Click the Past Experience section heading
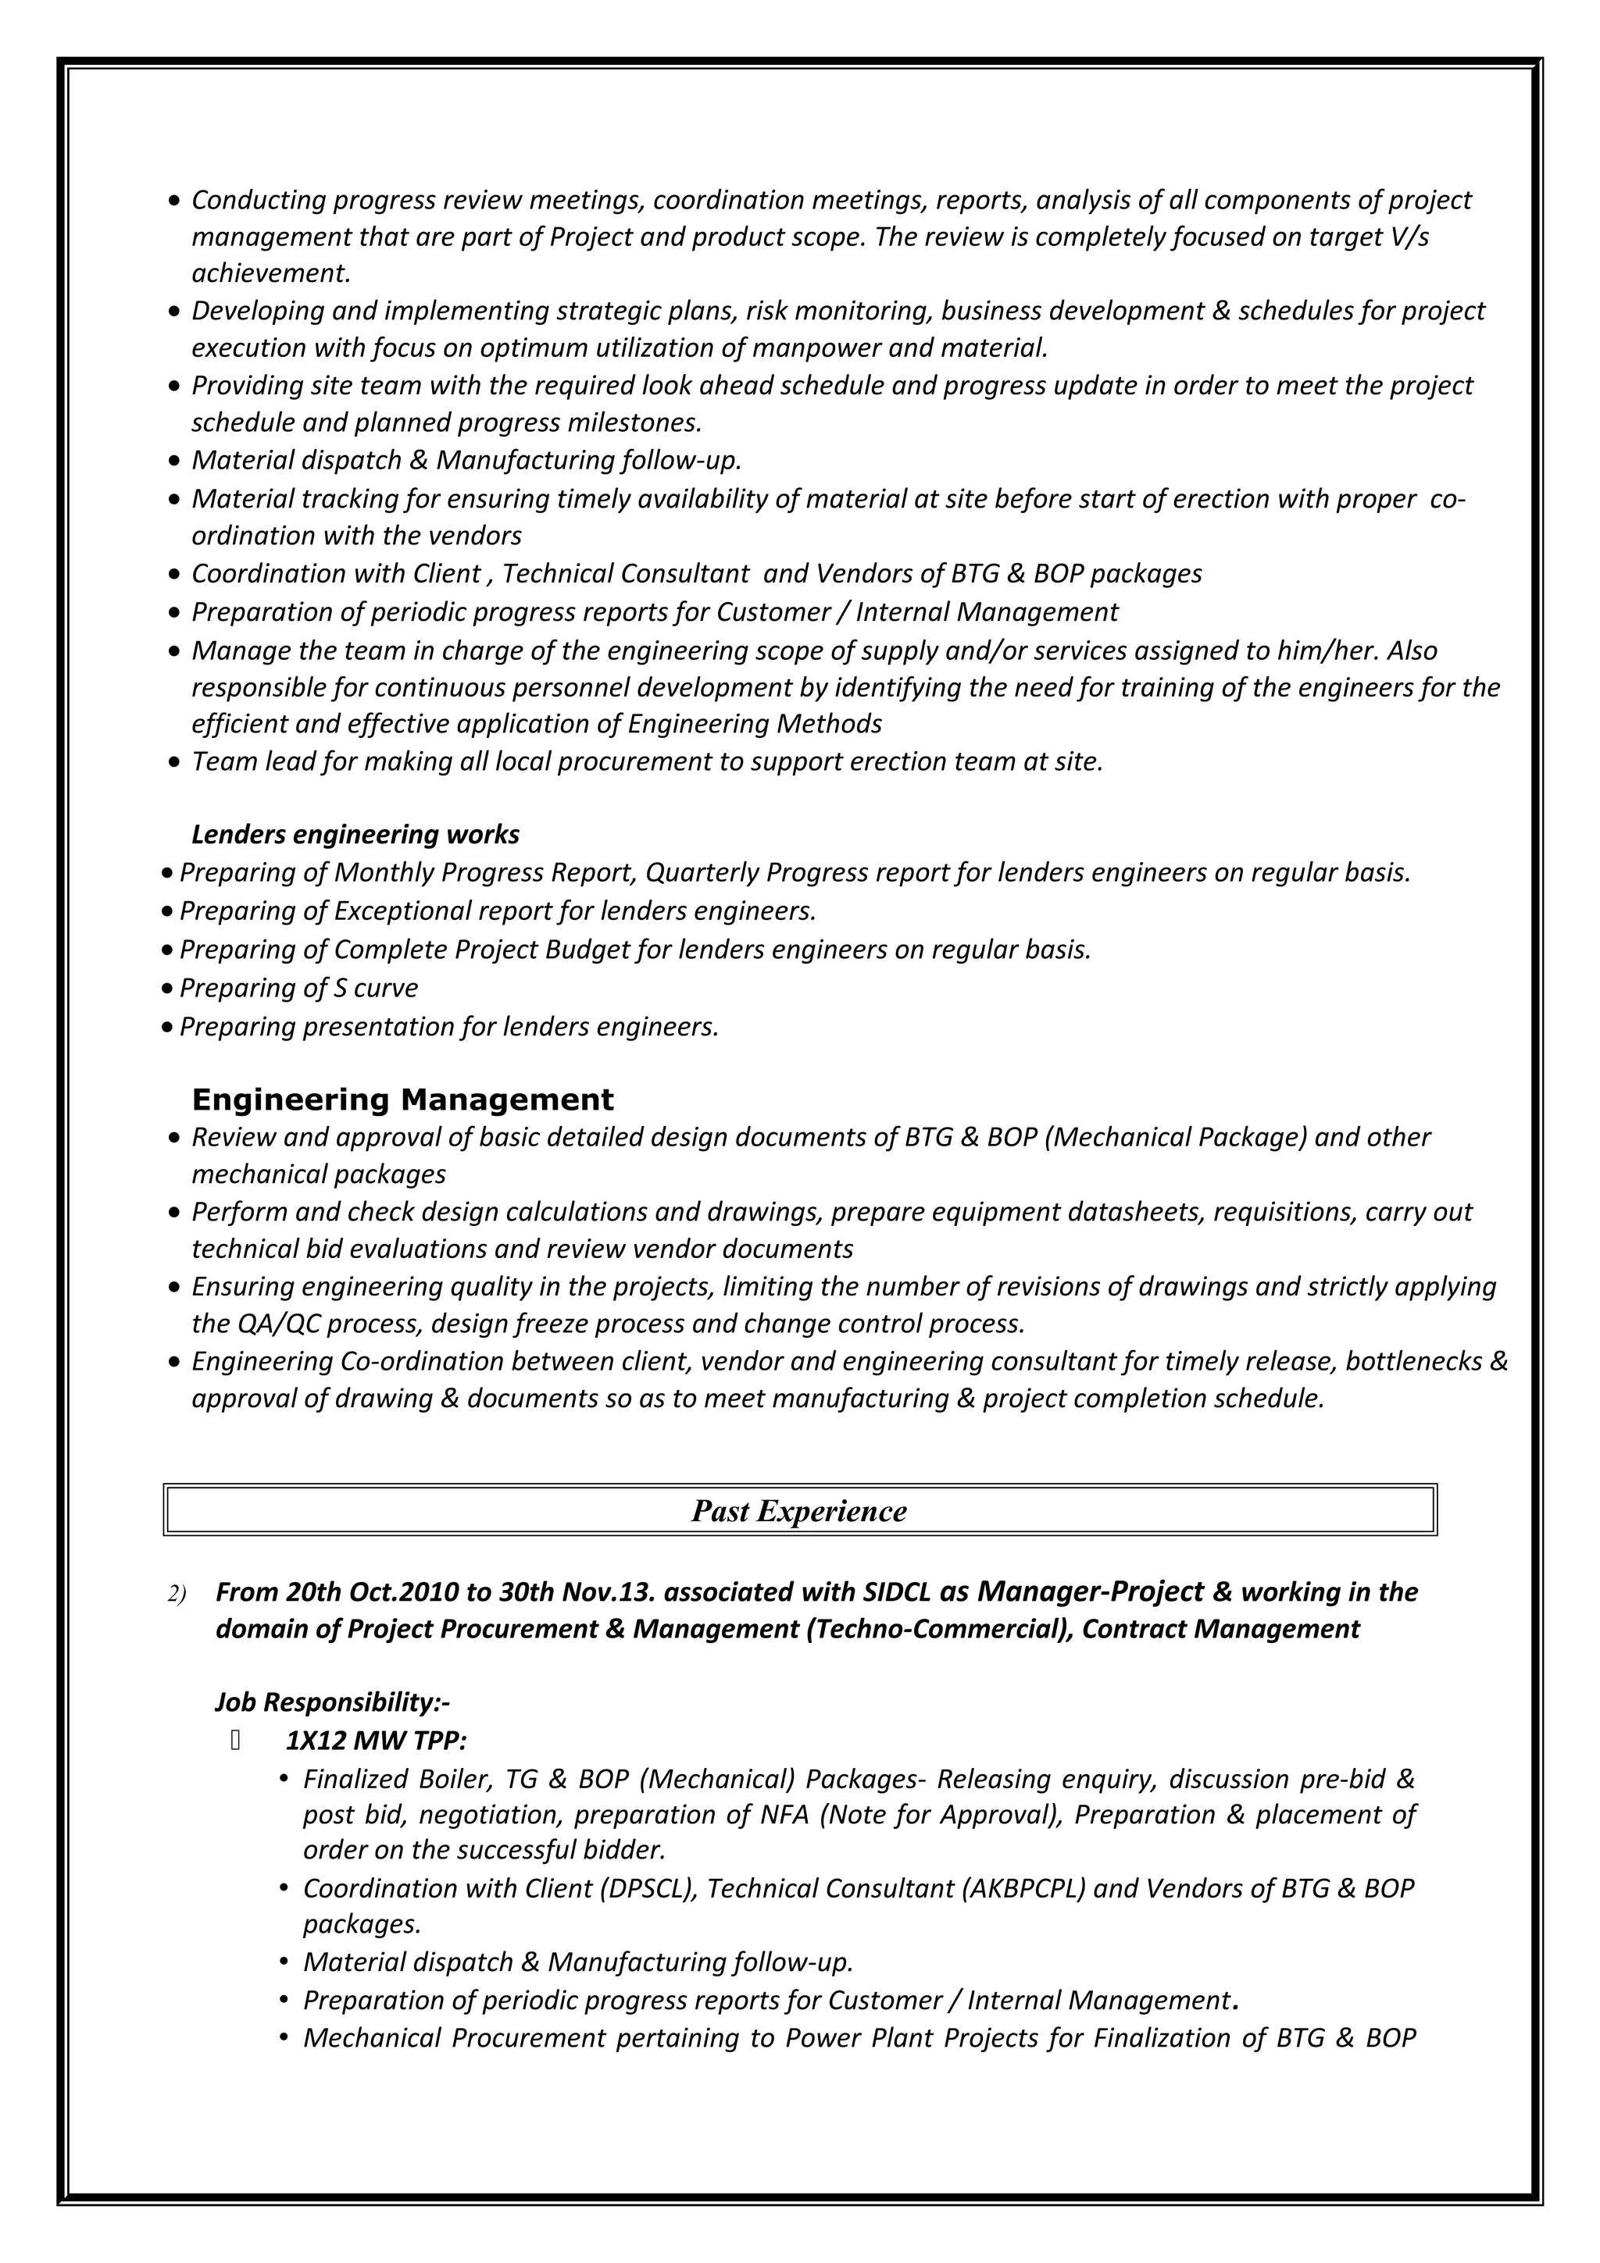click(798, 1511)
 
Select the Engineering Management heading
click(402, 1099)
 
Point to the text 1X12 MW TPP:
click(376, 1741)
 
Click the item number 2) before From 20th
click(177, 1595)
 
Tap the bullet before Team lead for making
click(174, 763)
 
